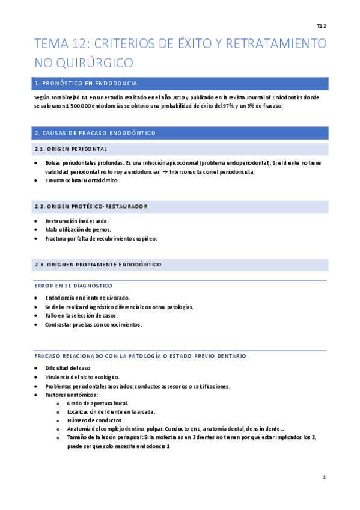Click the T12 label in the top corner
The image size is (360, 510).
(x=321, y=26)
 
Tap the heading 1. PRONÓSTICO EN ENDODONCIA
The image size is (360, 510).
(x=86, y=84)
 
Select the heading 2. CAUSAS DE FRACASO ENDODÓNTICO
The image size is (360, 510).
(x=95, y=132)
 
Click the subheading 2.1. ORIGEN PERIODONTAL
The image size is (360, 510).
(x=71, y=149)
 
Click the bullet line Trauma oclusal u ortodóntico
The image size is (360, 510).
(x=82, y=180)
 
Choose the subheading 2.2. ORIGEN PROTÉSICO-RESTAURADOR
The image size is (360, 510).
(x=91, y=207)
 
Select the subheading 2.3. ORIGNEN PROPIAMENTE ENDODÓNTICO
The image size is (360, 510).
(x=97, y=265)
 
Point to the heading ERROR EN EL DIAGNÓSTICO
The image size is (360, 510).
(x=73, y=285)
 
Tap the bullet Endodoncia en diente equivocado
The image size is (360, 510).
(x=88, y=298)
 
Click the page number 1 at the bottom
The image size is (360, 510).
(x=324, y=478)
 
